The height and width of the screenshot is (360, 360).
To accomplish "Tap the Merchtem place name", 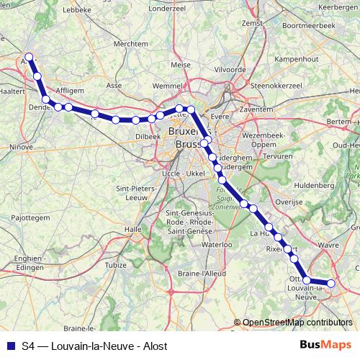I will pyautogui.click(x=130, y=43).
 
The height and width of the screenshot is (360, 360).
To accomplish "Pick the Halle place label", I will pyautogui.click(x=133, y=229).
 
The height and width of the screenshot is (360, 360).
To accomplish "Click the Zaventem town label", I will pyautogui.click(x=257, y=109).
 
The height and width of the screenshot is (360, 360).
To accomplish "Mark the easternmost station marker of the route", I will pyautogui.click(x=331, y=284).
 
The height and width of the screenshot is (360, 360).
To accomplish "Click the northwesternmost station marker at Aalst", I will pyautogui.click(x=29, y=57).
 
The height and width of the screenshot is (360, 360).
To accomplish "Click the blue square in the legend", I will pyautogui.click(x=9, y=345).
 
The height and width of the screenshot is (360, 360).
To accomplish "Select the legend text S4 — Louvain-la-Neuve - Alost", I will pyautogui.click(x=95, y=345).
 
